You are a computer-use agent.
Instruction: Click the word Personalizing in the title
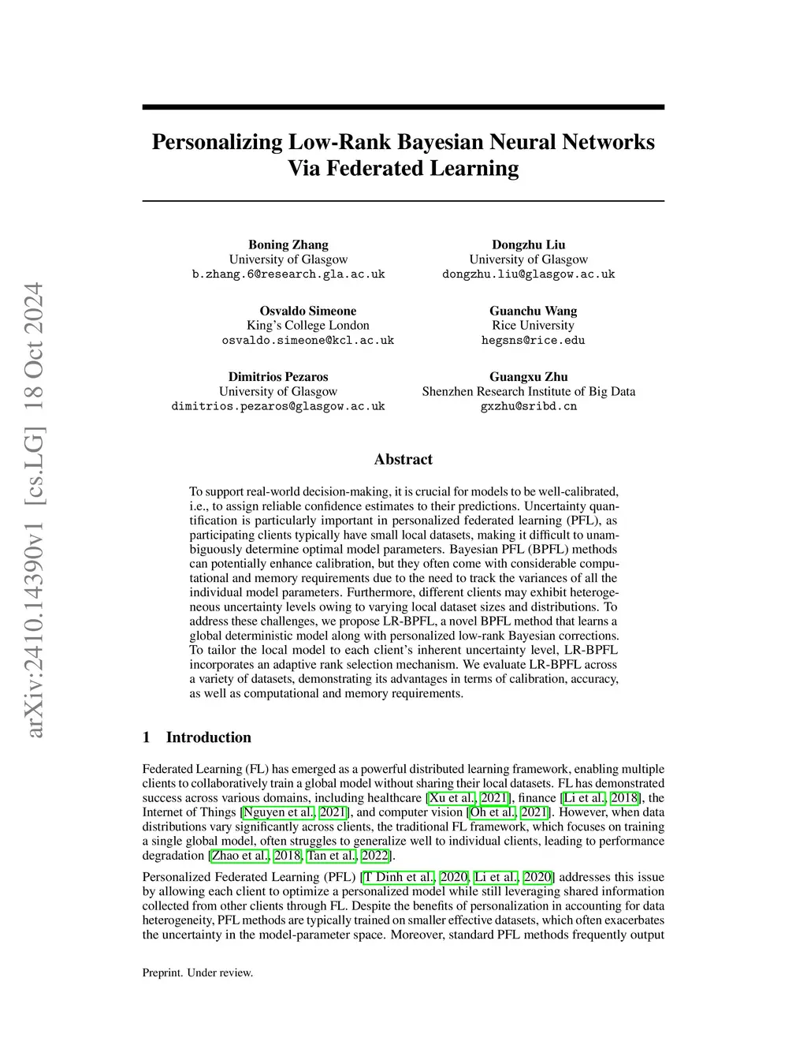pyautogui.click(x=216, y=142)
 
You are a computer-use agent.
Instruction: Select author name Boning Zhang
pyautogui.click(x=288, y=244)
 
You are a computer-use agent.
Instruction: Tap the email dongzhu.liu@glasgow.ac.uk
pyautogui.click(x=528, y=274)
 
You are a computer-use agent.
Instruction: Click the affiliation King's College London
pyautogui.click(x=307, y=325)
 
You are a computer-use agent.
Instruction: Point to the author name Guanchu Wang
pyautogui.click(x=533, y=311)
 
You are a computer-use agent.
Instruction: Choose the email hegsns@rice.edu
pyautogui.click(x=533, y=341)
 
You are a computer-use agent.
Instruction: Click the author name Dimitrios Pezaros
pyautogui.click(x=278, y=377)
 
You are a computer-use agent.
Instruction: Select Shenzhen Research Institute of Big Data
pyautogui.click(x=528, y=391)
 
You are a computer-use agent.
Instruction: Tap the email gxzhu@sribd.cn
pyautogui.click(x=528, y=406)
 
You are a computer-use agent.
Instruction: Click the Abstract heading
pyautogui.click(x=403, y=459)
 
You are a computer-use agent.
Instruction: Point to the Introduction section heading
pyautogui.click(x=208, y=737)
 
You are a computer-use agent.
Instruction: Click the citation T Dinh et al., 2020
pyautogui.click(x=415, y=876)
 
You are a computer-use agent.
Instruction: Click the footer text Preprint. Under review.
pyautogui.click(x=198, y=972)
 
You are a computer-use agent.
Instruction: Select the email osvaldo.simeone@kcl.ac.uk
pyautogui.click(x=307, y=341)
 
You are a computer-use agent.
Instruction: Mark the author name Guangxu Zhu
pyautogui.click(x=528, y=377)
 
